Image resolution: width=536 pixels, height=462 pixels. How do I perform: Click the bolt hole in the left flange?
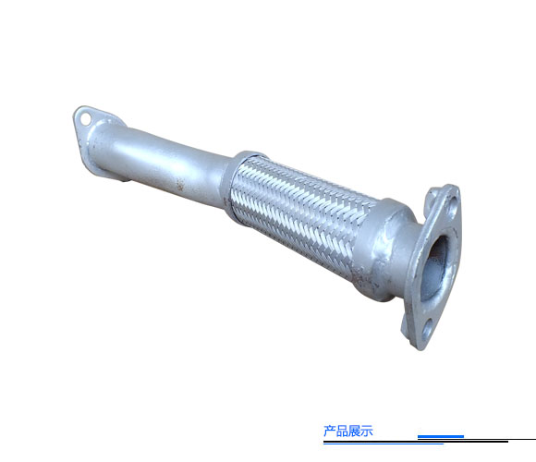coord(85,119)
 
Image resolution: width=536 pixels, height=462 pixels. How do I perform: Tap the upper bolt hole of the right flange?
coord(453,204)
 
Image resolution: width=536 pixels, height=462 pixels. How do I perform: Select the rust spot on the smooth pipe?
coord(179,185)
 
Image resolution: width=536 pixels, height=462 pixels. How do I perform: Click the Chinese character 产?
coord(330,431)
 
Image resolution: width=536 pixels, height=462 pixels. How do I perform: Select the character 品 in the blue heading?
coord(342,431)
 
